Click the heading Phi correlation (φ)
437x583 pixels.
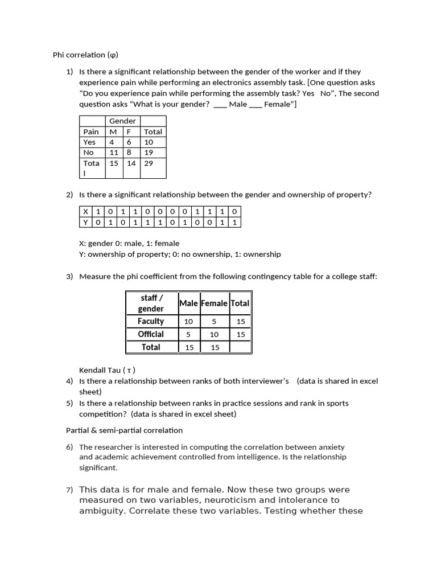click(85, 55)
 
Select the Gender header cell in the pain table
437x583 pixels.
click(122, 121)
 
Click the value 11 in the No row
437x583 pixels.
click(114, 153)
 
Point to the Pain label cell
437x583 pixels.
click(91, 132)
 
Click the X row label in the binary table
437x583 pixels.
click(85, 211)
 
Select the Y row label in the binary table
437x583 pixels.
click(85, 222)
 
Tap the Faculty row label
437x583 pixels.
click(151, 321)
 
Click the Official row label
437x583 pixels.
click(151, 334)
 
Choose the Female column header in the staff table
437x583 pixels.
click(214, 303)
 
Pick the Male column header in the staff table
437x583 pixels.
click(188, 303)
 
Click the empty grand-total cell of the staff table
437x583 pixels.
click(240, 347)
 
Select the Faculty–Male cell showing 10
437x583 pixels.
click(188, 322)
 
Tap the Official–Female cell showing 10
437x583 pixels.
click(214, 335)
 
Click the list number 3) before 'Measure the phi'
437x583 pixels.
click(69, 277)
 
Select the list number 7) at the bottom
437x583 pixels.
click(69, 490)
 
